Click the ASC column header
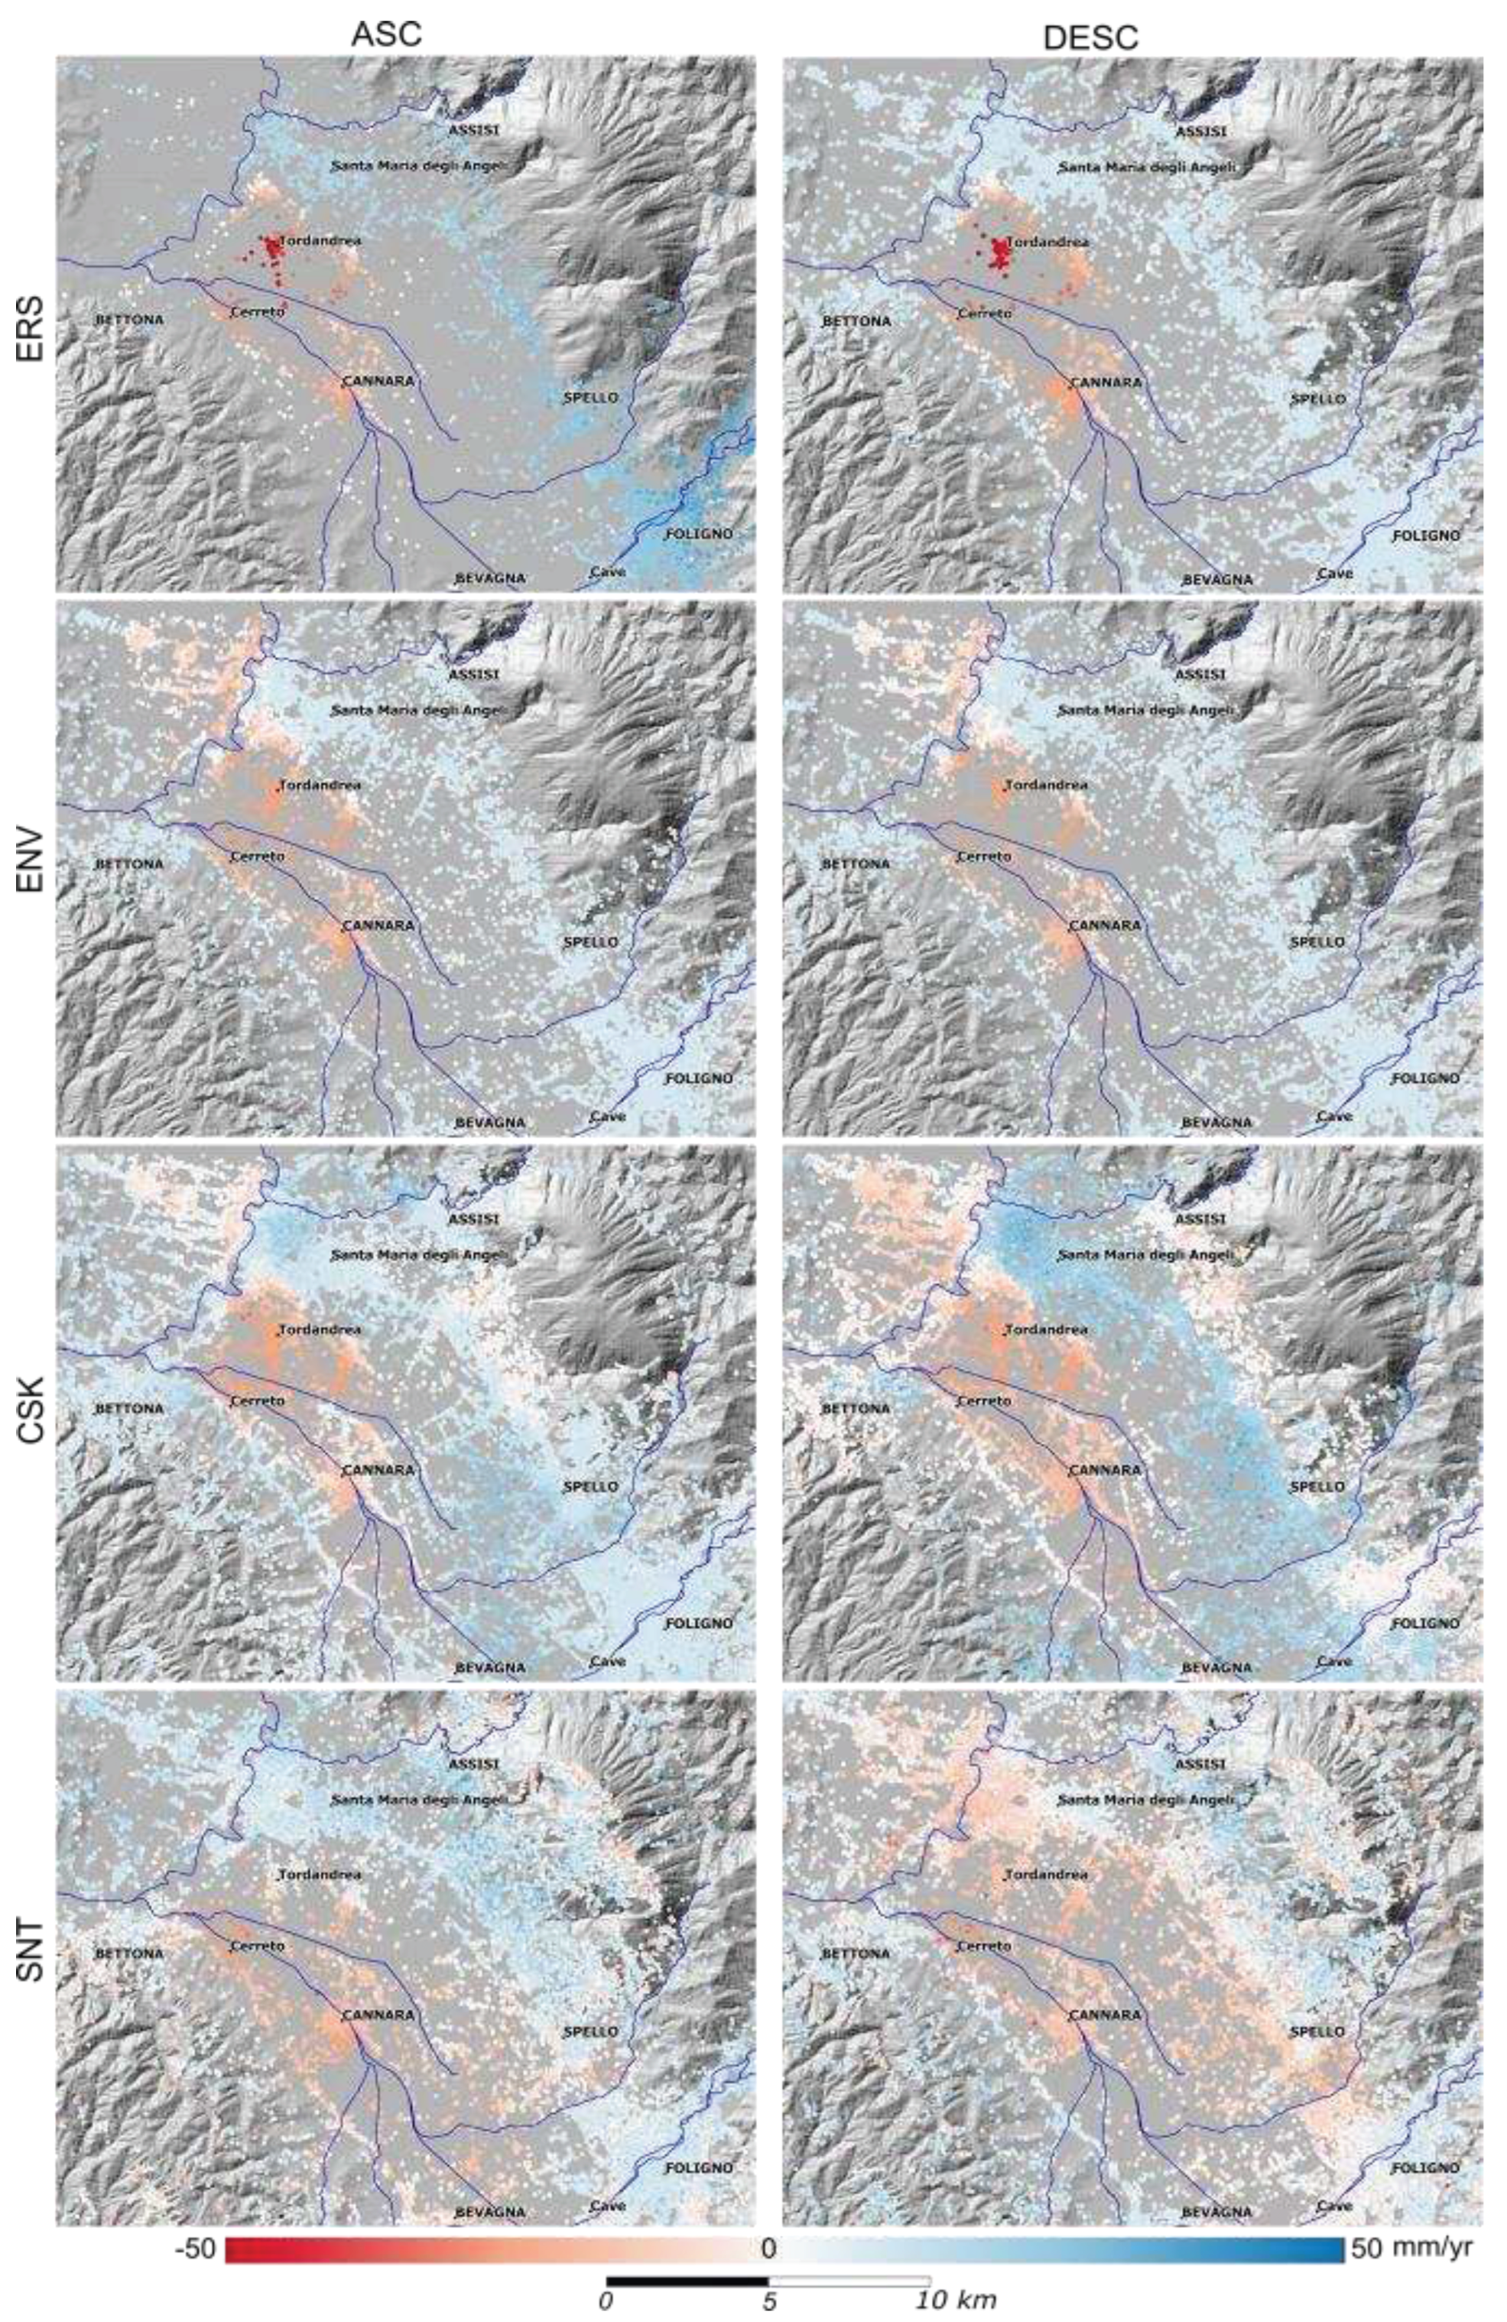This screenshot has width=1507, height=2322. (386, 34)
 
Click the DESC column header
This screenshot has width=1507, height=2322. (1090, 37)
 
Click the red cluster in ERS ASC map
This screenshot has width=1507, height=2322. (272, 252)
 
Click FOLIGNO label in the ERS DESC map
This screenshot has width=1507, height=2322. (1425, 535)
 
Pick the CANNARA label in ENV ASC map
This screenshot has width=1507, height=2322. (378, 924)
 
